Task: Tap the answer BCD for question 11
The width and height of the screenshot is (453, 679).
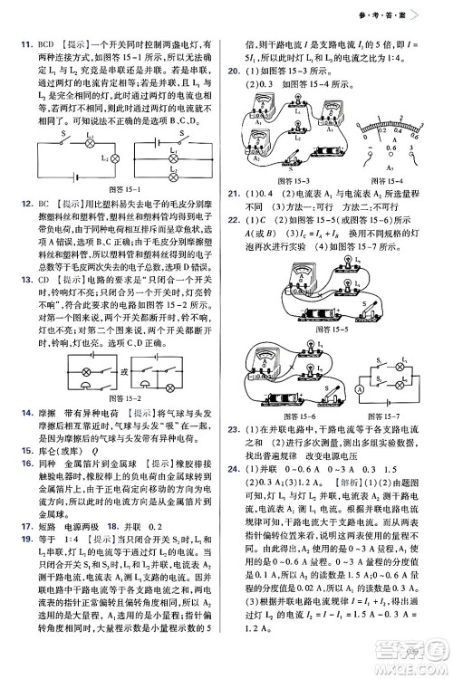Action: pyautogui.click(x=39, y=43)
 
